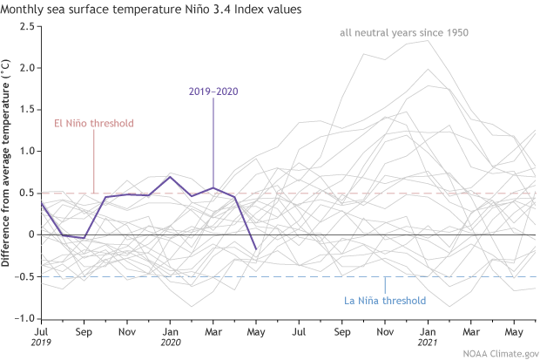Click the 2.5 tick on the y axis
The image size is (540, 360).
pyautogui.click(x=27, y=26)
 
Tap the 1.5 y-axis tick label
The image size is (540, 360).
pyautogui.click(x=27, y=110)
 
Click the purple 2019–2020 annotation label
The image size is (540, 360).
pyautogui.click(x=214, y=91)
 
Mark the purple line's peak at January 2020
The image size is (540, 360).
pyautogui.click(x=171, y=177)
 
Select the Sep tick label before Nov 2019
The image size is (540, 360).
pyautogui.click(x=84, y=332)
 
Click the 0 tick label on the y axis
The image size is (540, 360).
pyautogui.click(x=30, y=234)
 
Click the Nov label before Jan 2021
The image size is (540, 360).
pyautogui.click(x=384, y=332)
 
